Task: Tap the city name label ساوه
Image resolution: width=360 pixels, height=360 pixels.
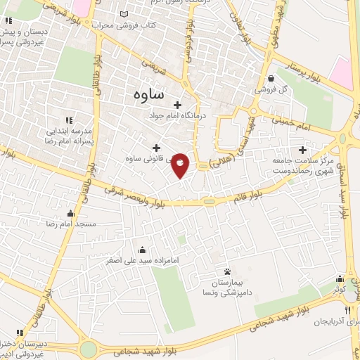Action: pyautogui.click(x=148, y=93)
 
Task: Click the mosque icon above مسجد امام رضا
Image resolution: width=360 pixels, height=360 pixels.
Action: pyautogui.click(x=70, y=213)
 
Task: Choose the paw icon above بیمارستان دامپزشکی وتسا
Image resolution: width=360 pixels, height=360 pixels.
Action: pyautogui.click(x=226, y=271)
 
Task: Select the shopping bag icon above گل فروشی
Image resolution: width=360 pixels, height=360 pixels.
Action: pyautogui.click(x=271, y=79)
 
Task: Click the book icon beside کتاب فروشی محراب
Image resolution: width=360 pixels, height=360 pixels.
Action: pyautogui.click(x=124, y=14)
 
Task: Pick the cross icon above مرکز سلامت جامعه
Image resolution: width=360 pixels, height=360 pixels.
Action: pyautogui.click(x=303, y=149)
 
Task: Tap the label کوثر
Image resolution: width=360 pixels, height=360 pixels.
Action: pyautogui.click(x=340, y=290)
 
